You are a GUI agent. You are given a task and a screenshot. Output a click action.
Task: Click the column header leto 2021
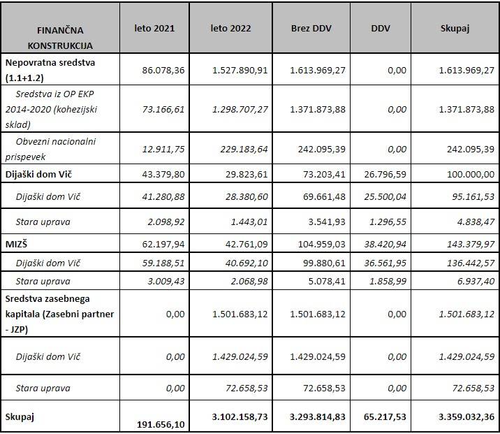154,29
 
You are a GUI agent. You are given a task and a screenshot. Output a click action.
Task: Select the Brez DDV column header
311,29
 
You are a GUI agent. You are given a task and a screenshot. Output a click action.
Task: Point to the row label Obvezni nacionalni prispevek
56,148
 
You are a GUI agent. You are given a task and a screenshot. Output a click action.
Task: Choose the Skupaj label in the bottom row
20,417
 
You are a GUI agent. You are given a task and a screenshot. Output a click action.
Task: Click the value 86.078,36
163,71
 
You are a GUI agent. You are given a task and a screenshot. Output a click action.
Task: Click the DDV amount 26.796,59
383,173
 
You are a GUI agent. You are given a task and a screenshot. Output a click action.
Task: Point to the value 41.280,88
163,197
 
